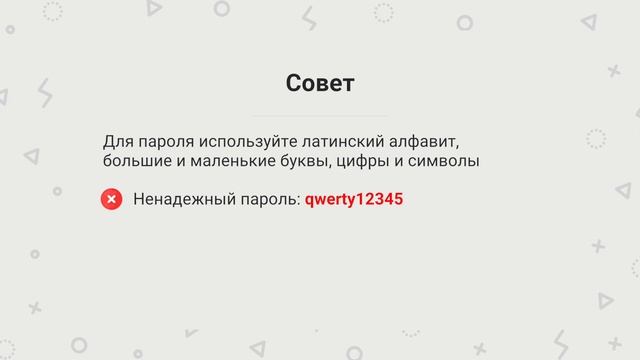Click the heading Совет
pos(320,83)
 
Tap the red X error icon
pos(112,199)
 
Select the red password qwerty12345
pos(354,199)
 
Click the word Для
pos(116,140)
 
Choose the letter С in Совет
pos(293,83)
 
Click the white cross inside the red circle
pos(112,199)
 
